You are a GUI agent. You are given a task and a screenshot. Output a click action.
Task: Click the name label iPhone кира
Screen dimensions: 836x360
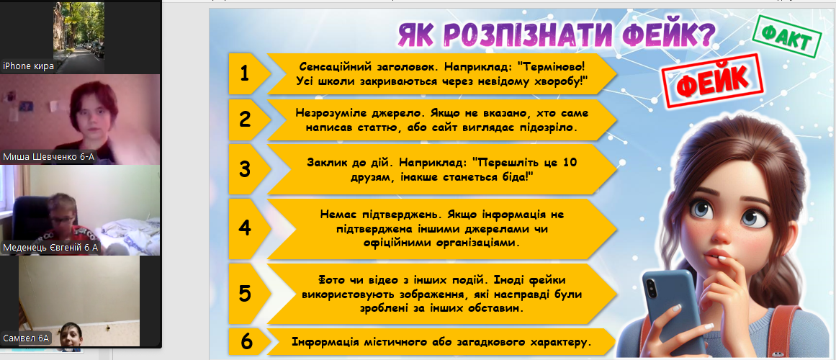click(28, 66)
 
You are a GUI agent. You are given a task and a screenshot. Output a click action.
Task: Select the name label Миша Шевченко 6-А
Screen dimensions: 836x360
click(49, 157)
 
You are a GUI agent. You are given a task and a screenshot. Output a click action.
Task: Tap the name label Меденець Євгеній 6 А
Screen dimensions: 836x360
click(50, 248)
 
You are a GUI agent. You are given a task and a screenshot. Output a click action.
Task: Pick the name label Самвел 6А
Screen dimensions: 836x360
click(26, 338)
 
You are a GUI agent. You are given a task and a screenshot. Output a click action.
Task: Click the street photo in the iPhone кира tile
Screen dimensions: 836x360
click(79, 31)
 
